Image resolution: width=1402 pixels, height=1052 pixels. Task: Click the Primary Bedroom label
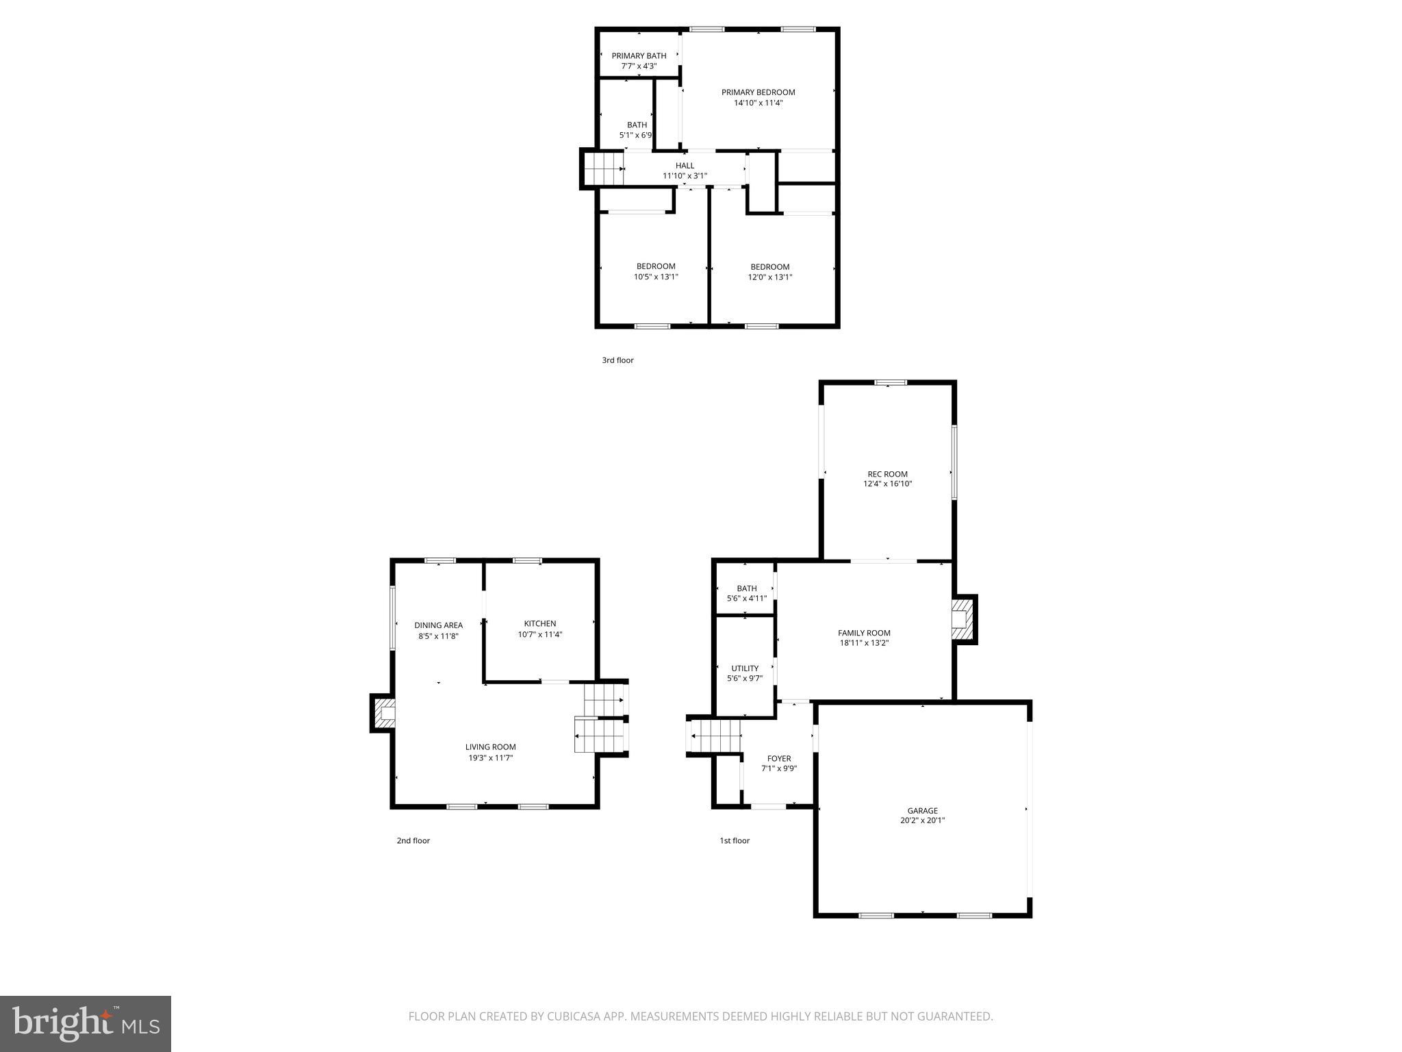(758, 92)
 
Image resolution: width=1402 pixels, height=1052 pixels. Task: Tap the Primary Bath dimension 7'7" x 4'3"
(639, 66)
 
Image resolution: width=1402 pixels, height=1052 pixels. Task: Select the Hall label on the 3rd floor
(685, 166)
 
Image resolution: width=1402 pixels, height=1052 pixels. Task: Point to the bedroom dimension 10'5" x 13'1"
(656, 277)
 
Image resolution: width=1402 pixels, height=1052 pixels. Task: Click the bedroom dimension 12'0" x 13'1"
(770, 277)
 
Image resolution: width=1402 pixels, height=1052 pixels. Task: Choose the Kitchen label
(540, 624)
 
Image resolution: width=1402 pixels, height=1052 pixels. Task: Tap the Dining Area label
(438, 625)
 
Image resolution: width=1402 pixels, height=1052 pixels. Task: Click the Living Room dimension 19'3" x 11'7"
(490, 758)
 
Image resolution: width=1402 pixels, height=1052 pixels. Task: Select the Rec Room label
(887, 474)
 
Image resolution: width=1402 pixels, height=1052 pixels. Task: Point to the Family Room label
(864, 634)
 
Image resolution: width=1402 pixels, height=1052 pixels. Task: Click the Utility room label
(745, 668)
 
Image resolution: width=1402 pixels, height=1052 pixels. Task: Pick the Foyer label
(779, 759)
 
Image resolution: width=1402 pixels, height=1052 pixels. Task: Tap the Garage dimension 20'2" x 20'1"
(922, 821)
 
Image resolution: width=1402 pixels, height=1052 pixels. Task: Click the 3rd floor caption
(617, 360)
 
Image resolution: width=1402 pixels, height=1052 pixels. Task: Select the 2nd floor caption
(413, 840)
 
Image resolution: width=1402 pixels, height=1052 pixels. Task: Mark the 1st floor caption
(734, 840)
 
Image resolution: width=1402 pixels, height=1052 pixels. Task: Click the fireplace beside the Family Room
(963, 620)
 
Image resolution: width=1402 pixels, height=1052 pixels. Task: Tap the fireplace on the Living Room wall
(384, 713)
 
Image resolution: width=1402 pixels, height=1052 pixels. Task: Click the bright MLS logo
(86, 1023)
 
